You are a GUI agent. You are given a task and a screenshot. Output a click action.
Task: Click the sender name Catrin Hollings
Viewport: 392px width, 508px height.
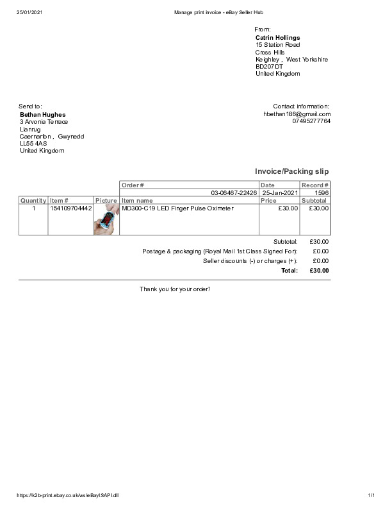coord(277,38)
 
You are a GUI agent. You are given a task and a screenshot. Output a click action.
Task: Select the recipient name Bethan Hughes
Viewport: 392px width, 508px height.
coord(43,115)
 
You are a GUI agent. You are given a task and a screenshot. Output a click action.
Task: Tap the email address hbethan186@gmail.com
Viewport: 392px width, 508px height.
coord(297,114)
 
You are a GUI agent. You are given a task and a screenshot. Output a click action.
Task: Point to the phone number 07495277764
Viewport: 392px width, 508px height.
coord(311,121)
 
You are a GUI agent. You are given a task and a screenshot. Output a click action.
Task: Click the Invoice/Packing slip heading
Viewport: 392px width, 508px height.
coord(291,171)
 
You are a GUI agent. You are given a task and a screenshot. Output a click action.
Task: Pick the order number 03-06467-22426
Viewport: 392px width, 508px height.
coord(234,192)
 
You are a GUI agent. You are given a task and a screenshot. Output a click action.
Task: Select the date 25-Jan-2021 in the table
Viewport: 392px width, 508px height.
coord(280,192)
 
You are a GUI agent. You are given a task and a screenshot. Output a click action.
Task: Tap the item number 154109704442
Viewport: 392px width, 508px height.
coord(71,208)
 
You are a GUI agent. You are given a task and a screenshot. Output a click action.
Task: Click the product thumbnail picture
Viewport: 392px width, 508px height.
coord(106,219)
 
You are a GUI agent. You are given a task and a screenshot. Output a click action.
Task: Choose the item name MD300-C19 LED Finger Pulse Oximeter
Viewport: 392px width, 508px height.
coord(177,208)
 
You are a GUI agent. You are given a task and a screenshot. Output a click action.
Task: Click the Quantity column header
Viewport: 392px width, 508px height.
coord(33,201)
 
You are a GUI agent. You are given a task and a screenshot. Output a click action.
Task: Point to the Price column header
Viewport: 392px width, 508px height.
coord(268,201)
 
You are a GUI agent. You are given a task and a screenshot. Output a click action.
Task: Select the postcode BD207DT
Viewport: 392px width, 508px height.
coord(269,67)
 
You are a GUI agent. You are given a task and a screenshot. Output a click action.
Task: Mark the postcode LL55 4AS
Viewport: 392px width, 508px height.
coord(33,144)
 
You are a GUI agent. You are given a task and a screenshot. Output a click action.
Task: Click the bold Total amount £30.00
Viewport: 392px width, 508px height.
coord(319,271)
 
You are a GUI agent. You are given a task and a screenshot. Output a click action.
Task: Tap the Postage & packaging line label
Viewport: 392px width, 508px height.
coord(220,251)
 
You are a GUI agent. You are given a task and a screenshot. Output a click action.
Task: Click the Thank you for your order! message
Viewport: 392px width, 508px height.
coord(175,289)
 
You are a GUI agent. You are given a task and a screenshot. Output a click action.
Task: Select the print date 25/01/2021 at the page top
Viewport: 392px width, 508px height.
coord(30,12)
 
